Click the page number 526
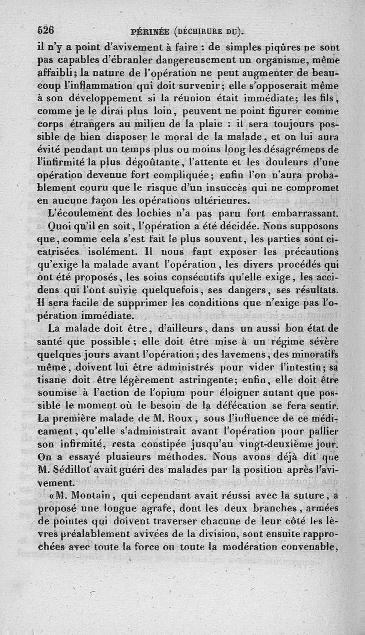[x=45, y=30]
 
